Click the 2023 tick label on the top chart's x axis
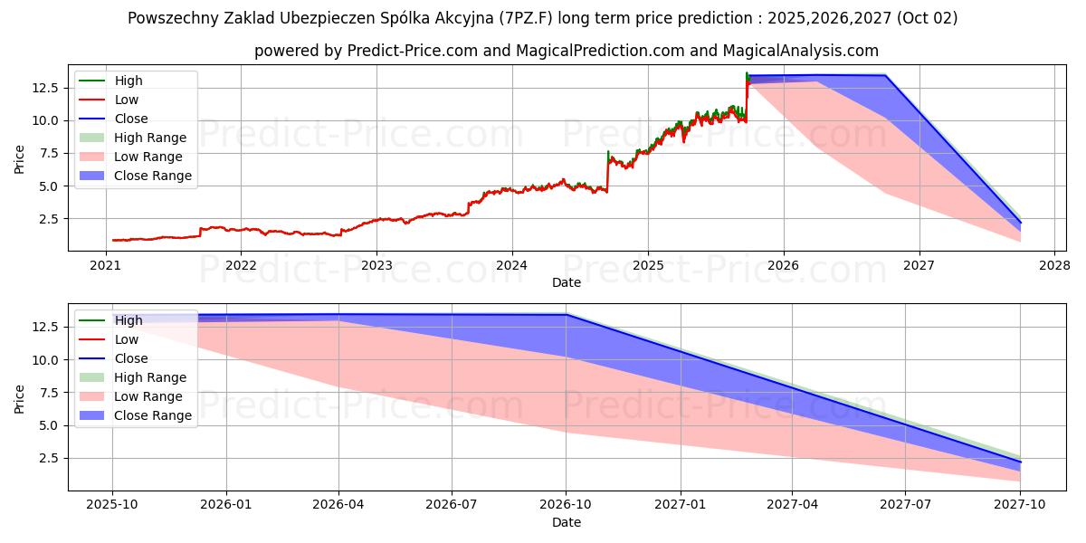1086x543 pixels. pos(376,265)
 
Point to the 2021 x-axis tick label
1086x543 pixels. pos(106,265)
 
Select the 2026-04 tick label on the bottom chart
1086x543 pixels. pos(338,505)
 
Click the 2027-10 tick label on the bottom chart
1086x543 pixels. pos(1020,505)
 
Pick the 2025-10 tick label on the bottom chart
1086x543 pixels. pos(112,505)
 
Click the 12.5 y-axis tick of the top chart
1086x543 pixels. pos(46,88)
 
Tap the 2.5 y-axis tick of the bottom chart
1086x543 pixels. pos(50,458)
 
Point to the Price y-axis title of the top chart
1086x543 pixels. pos(20,158)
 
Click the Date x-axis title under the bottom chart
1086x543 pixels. pos(567,522)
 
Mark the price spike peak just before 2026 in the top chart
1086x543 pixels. pos(747,72)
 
